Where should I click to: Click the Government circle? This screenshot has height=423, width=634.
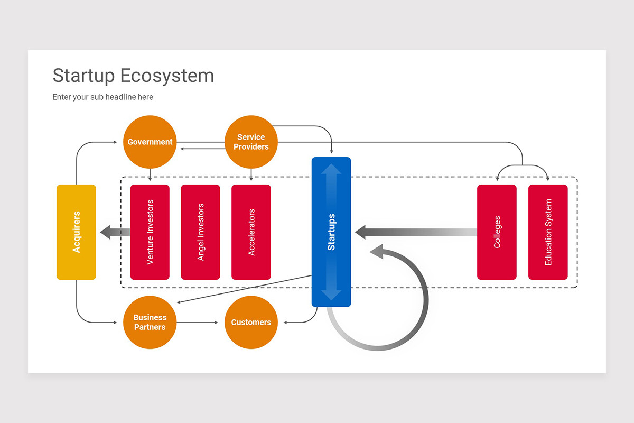(150, 142)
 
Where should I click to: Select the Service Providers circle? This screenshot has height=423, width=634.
(251, 142)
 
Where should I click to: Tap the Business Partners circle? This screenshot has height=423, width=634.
(150, 322)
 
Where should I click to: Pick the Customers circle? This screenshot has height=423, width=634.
(251, 322)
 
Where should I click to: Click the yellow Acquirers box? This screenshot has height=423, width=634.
(76, 232)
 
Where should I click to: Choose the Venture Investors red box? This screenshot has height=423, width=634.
(150, 232)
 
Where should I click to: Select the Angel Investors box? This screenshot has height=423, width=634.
(200, 232)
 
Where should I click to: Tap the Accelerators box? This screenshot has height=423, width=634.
(251, 232)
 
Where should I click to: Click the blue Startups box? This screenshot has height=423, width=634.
(331, 232)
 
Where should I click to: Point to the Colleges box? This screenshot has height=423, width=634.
(497, 232)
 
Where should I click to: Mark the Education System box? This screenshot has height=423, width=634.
(548, 232)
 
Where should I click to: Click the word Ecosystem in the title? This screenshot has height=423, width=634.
(166, 76)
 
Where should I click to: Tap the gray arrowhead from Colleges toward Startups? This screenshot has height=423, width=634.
(361, 232)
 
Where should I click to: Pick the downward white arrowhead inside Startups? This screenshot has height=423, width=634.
(331, 293)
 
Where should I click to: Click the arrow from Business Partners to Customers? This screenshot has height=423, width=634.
(198, 322)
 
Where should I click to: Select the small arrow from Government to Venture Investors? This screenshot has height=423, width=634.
(150, 176)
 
